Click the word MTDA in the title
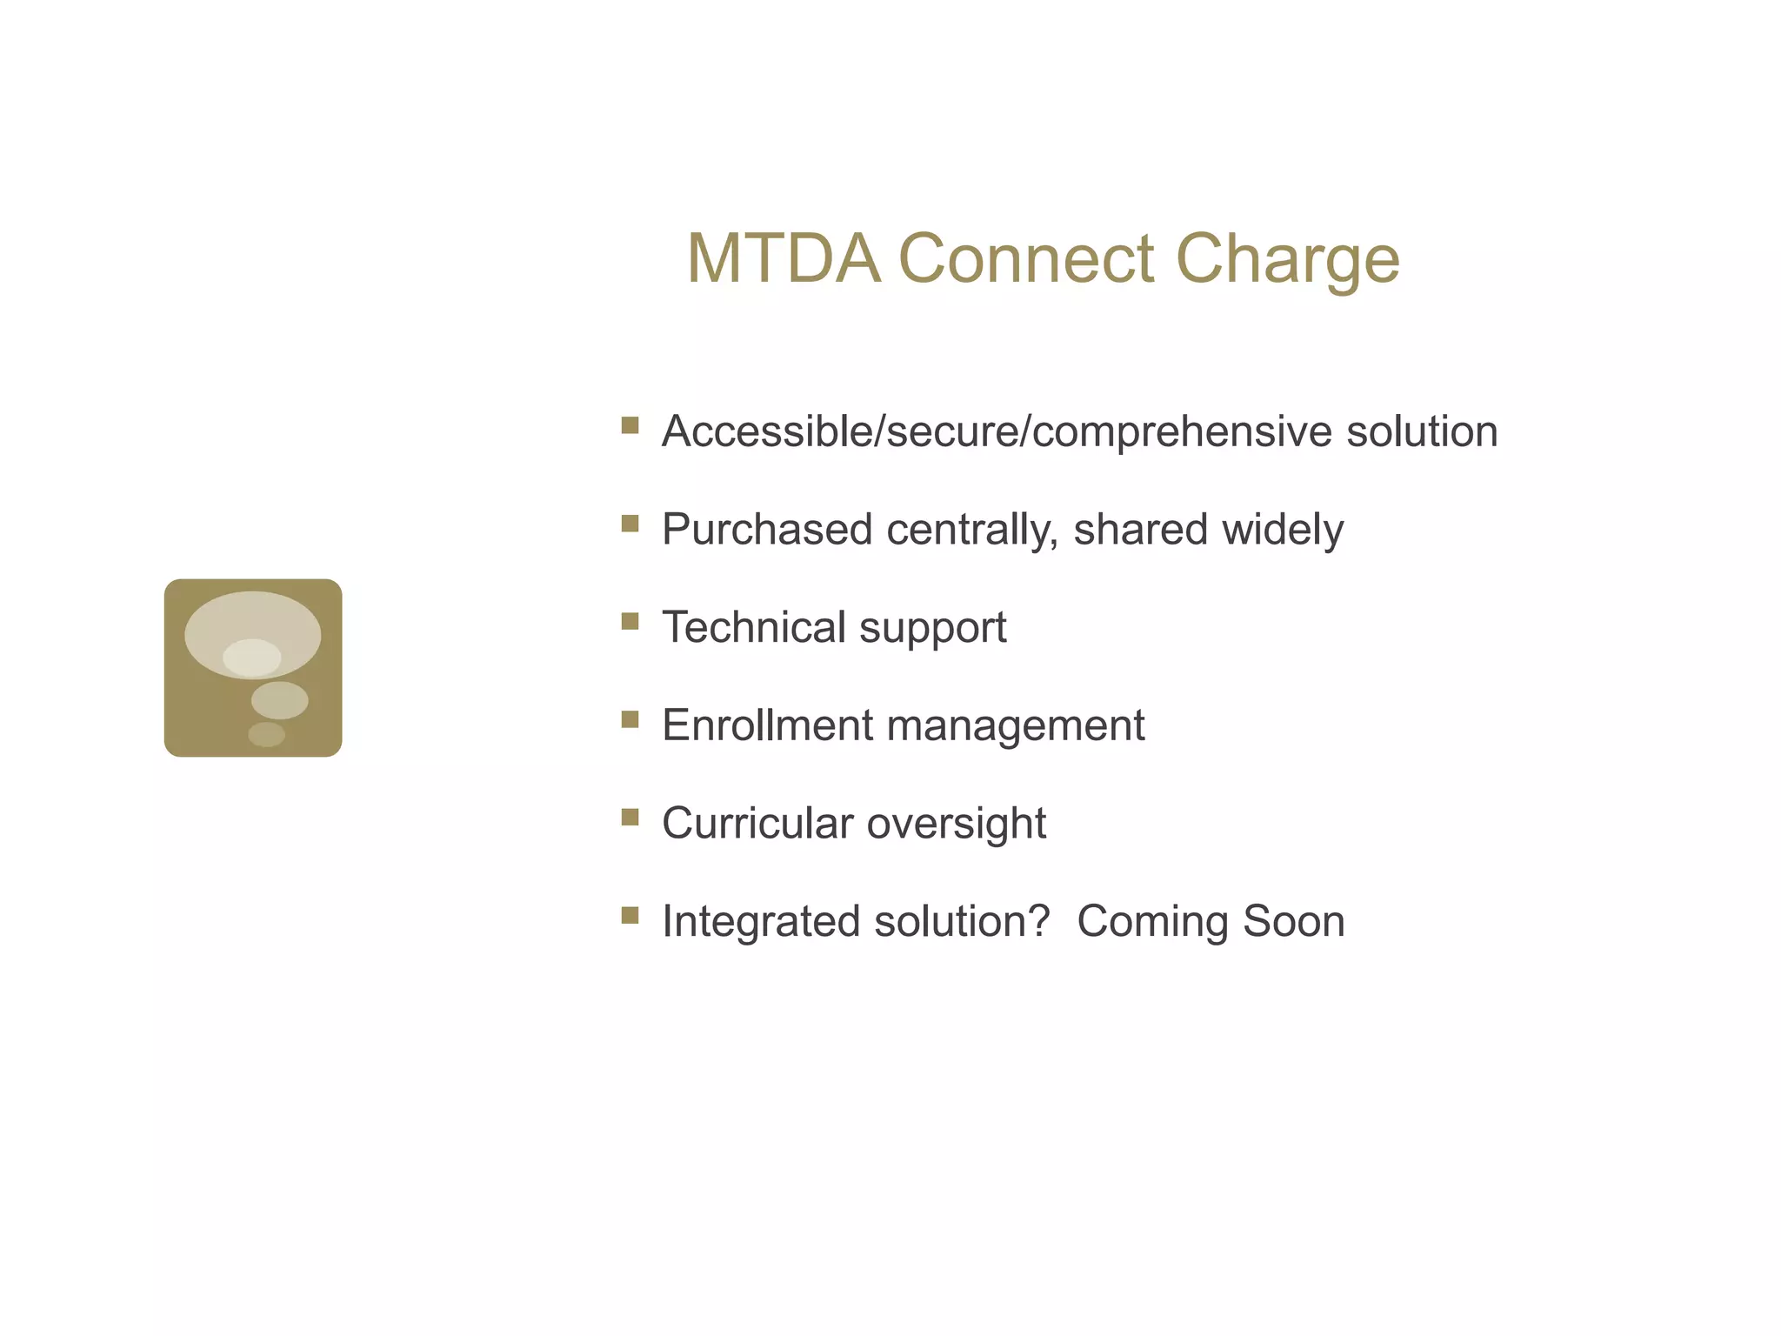(x=784, y=258)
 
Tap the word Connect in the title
(x=1026, y=258)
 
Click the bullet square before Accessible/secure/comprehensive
(x=630, y=425)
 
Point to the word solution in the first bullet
(x=1422, y=431)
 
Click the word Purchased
(x=767, y=529)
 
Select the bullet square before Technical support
(x=630, y=621)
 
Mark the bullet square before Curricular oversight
(x=630, y=817)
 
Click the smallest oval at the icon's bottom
(x=266, y=734)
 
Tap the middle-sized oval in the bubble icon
(x=279, y=700)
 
